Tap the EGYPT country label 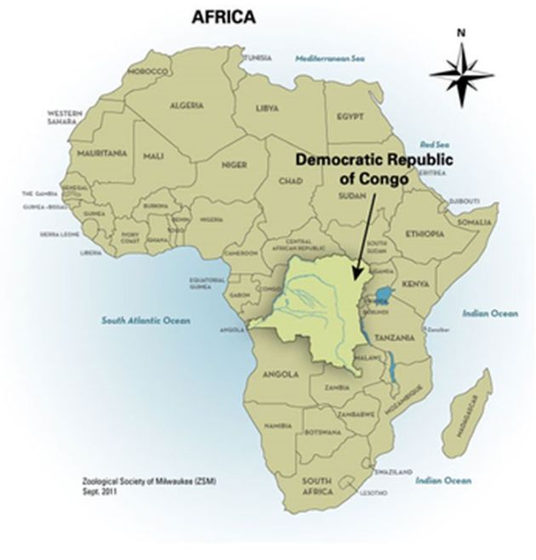350,116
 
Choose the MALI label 153,157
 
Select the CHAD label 290,181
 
